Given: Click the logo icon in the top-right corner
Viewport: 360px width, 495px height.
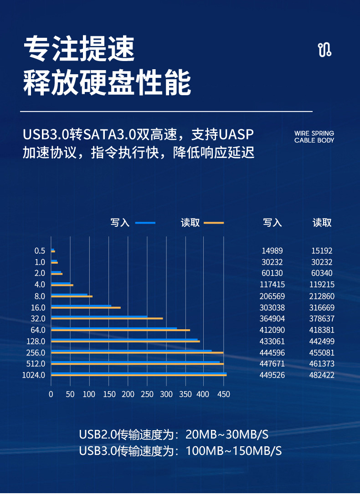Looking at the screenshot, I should point(324,50).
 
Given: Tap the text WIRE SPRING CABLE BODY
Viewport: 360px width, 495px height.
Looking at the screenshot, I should point(314,137).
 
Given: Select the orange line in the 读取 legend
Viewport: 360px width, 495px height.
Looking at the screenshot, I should point(214,223).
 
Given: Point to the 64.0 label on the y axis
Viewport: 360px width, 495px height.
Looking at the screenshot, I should point(38,330).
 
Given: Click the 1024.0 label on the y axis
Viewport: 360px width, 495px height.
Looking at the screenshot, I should point(34,375).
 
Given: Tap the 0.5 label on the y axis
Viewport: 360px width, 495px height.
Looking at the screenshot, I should point(40,250).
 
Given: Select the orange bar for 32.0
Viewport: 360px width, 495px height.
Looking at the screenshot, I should point(107,318).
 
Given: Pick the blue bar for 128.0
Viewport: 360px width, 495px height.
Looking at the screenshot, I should point(124,339).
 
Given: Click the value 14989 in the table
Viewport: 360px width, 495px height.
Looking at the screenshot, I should point(272,250).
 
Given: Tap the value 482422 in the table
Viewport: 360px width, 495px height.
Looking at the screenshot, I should point(322,375).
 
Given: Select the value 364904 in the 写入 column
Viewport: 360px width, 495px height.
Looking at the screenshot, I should point(272,318).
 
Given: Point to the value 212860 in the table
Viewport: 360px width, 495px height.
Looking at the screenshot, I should point(322,296).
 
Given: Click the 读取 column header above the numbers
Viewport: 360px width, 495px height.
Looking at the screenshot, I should point(322,223).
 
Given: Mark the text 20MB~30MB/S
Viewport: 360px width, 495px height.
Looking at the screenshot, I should point(227,434).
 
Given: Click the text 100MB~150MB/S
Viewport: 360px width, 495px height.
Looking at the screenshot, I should point(234,451).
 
